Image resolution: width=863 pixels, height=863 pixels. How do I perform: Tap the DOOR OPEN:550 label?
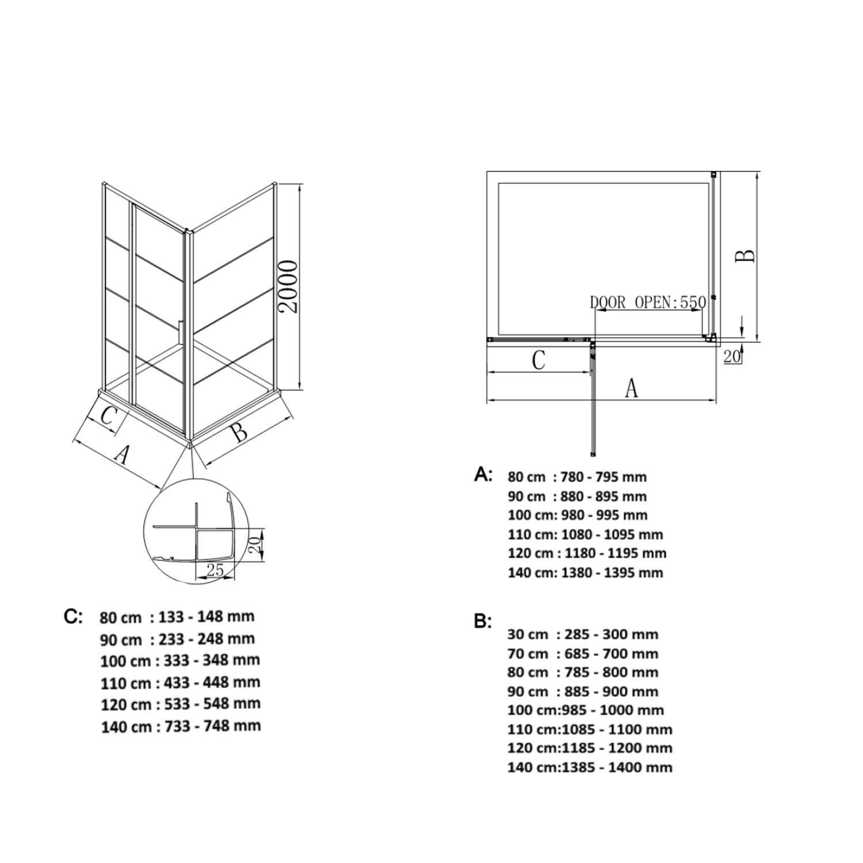pyautogui.click(x=648, y=302)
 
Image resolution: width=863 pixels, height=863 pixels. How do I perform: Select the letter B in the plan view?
pyautogui.click(x=746, y=256)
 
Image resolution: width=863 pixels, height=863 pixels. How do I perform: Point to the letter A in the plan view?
pyautogui.click(x=632, y=388)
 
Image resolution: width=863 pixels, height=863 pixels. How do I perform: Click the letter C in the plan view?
pyautogui.click(x=538, y=360)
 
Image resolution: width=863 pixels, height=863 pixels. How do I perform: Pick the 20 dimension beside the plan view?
pyautogui.click(x=731, y=357)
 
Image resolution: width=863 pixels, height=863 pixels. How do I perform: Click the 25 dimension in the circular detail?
pyautogui.click(x=215, y=570)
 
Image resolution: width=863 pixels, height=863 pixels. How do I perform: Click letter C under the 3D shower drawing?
pyautogui.click(x=108, y=415)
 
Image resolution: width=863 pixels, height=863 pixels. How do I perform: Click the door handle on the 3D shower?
pyautogui.click(x=181, y=332)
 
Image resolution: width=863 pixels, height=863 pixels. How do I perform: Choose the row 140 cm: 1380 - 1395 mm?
pyautogui.click(x=586, y=572)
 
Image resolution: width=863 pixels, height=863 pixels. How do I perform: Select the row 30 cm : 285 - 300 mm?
pyautogui.click(x=583, y=635)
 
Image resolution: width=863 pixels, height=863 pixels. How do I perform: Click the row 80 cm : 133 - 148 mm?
pyautogui.click(x=177, y=617)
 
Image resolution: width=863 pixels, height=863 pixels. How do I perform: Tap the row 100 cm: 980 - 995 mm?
pyautogui.click(x=578, y=515)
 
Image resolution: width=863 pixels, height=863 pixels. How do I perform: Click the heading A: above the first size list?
pyautogui.click(x=483, y=474)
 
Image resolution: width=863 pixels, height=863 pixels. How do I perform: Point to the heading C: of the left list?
pyautogui.click(x=74, y=616)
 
